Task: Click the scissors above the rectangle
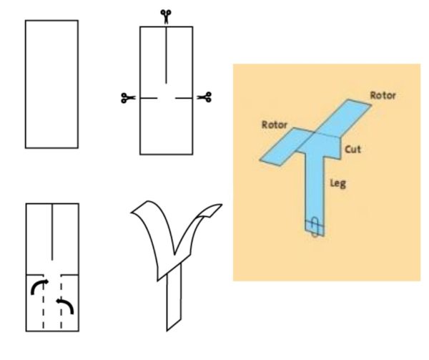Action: (166, 16)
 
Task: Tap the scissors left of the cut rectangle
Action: (128, 98)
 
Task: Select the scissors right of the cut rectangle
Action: (204, 97)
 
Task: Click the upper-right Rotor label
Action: (383, 95)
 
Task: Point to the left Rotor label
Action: (275, 125)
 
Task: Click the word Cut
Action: (352, 150)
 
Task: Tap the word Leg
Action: (338, 183)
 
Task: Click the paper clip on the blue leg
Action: (315, 227)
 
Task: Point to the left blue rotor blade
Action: (286, 147)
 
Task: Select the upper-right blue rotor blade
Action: (344, 117)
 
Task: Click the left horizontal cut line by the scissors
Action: (149, 98)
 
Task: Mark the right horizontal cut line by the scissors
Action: (184, 98)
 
